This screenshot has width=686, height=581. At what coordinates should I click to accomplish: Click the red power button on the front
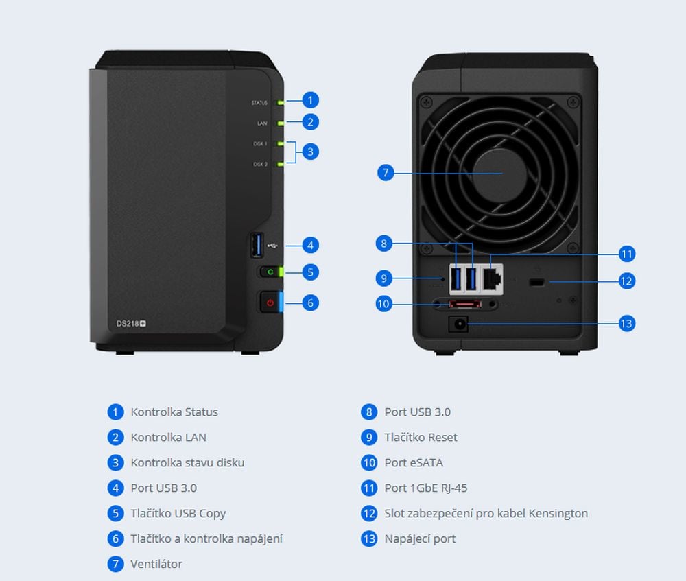270,302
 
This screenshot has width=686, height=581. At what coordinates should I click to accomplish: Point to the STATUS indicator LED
280,102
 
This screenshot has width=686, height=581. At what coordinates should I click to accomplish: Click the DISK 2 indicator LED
280,165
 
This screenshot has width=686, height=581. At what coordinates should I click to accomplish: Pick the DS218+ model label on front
130,323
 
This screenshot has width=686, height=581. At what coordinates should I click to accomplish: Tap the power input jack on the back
458,323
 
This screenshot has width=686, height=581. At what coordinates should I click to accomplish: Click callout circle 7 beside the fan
386,172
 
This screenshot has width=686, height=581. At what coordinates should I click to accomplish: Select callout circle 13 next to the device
626,323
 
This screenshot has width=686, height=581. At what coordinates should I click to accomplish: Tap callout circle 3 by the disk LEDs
310,152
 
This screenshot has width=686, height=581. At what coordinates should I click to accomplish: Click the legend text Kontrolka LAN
168,437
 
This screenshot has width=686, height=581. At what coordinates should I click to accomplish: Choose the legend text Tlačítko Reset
421,437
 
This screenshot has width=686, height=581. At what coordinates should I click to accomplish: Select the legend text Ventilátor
156,564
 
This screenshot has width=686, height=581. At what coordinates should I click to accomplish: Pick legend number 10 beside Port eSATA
369,462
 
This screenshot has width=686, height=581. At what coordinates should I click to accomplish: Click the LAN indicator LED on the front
280,123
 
